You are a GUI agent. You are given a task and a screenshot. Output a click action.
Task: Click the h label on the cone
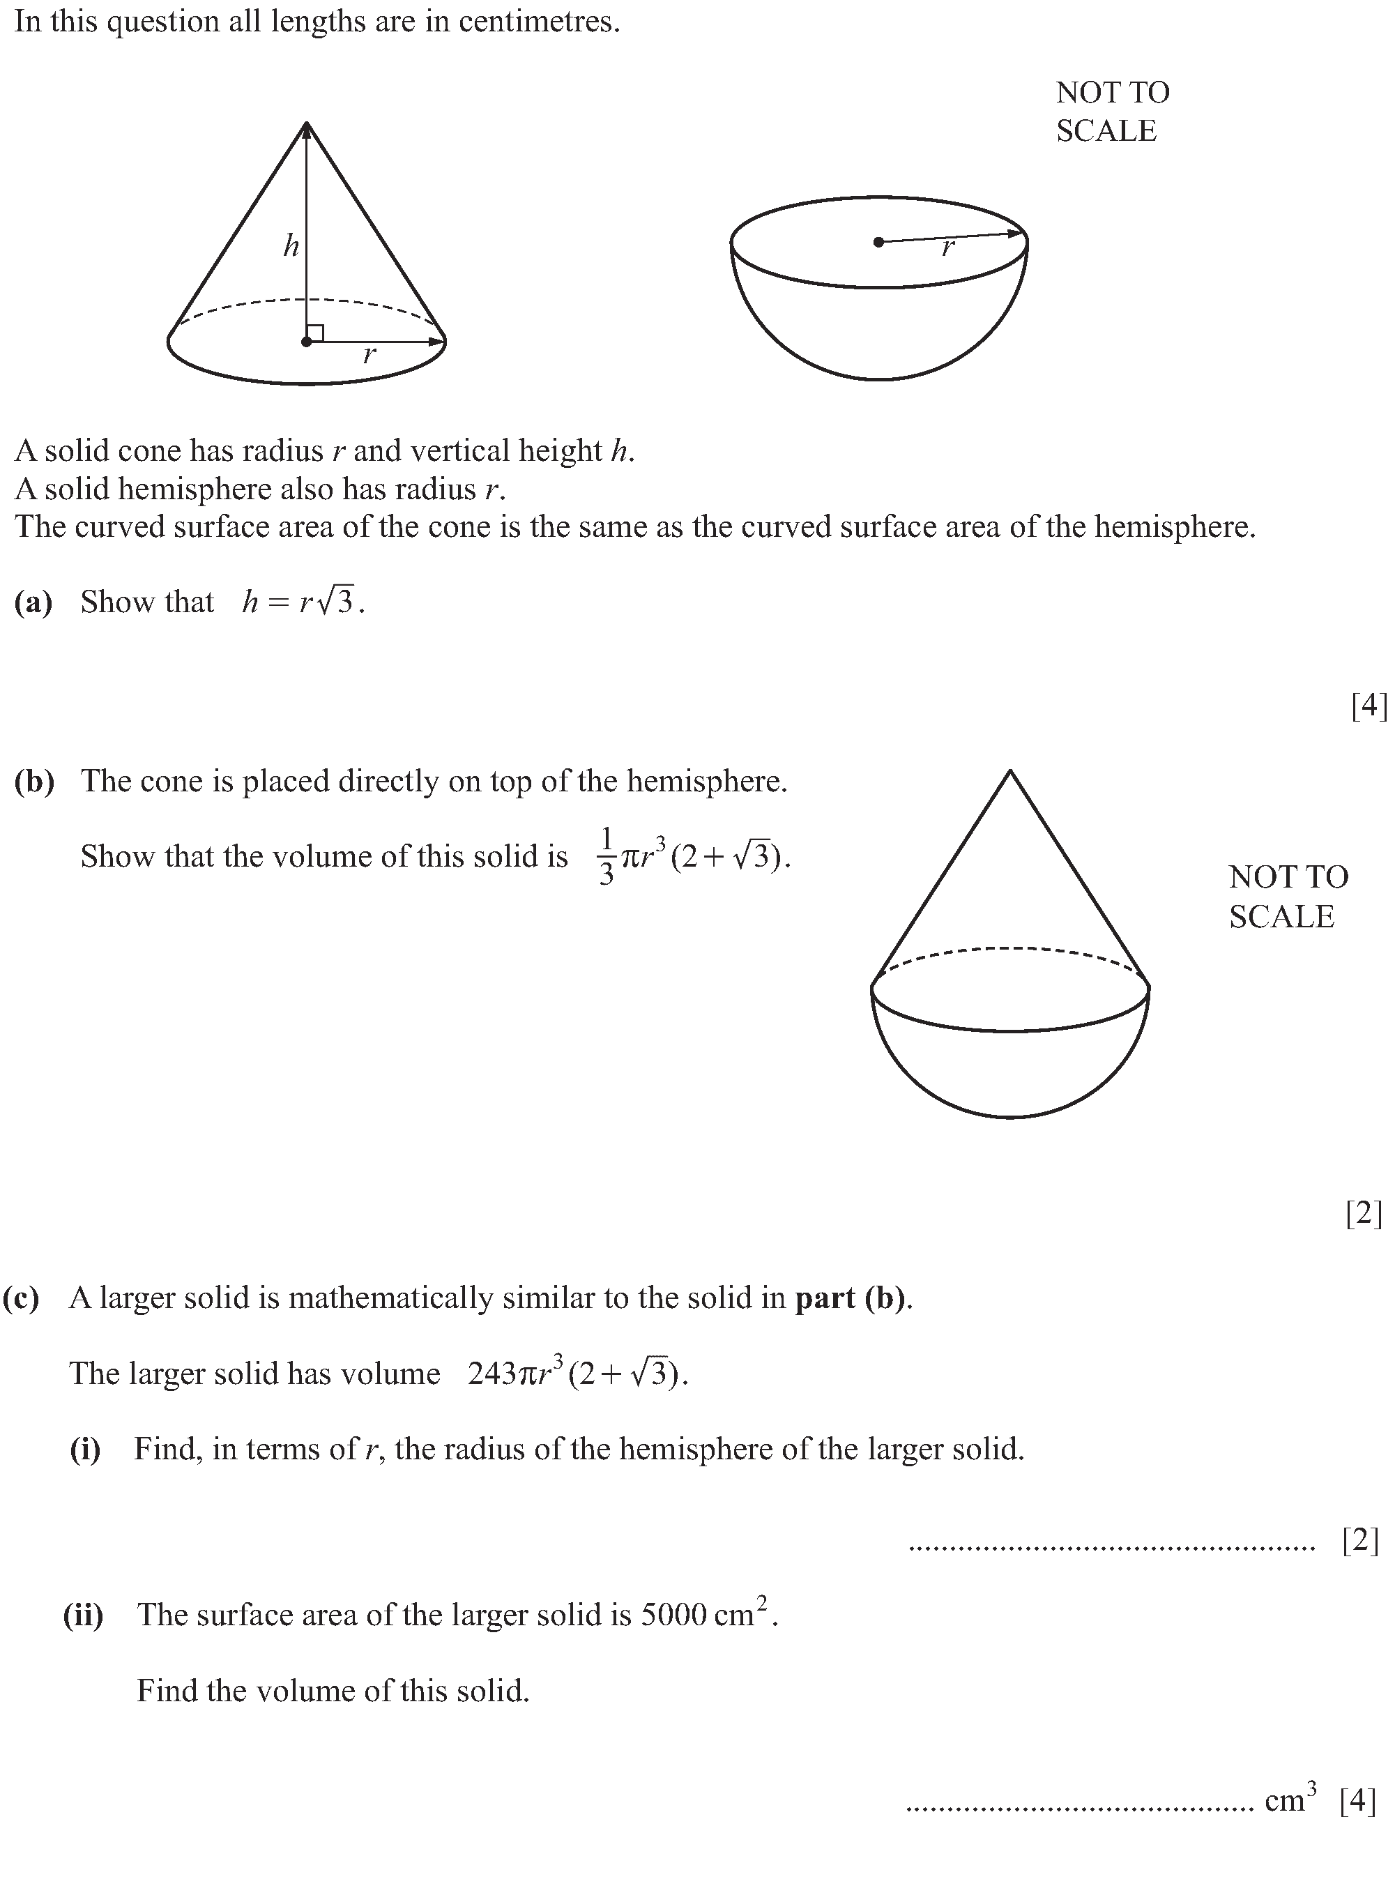pyautogui.click(x=291, y=246)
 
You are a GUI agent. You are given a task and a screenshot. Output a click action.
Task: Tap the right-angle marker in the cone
pyautogui.click(x=315, y=333)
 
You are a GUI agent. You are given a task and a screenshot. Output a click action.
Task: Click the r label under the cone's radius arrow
pyautogui.click(x=369, y=356)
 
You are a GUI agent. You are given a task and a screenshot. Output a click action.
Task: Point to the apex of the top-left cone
pyautogui.click(x=307, y=124)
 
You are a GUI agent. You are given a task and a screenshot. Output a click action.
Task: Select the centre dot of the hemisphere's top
pyautogui.click(x=878, y=243)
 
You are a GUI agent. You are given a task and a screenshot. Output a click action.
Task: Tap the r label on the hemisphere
pyautogui.click(x=948, y=248)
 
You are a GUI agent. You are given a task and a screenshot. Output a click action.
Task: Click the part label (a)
pyautogui.click(x=33, y=602)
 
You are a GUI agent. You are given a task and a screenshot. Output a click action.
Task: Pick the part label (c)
pyautogui.click(x=21, y=1298)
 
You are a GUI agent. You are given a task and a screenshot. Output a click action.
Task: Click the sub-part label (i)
pyautogui.click(x=85, y=1450)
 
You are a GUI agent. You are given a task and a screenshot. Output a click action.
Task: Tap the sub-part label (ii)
pyautogui.click(x=84, y=1615)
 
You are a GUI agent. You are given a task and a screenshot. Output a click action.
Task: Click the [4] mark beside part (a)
pyautogui.click(x=1369, y=705)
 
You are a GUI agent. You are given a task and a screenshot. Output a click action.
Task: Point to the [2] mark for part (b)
pyautogui.click(x=1364, y=1214)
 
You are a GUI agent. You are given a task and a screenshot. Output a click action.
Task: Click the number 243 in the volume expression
pyautogui.click(x=491, y=1374)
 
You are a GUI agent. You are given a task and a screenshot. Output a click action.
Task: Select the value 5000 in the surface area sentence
pyautogui.click(x=673, y=1615)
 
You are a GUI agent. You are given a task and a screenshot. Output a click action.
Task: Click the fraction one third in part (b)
pyautogui.click(x=605, y=856)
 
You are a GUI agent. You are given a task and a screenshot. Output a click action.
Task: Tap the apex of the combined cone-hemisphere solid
pyautogui.click(x=1010, y=771)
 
